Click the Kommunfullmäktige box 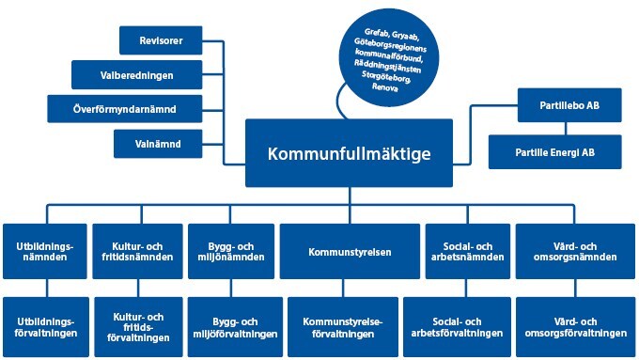(x=349, y=152)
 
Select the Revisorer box (x=161, y=39)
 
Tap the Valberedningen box (x=136, y=74)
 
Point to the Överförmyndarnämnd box (x=125, y=109)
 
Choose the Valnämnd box (x=157, y=144)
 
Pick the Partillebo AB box (x=569, y=105)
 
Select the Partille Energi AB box (x=554, y=151)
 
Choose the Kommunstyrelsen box (x=349, y=251)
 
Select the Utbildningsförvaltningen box (x=46, y=327)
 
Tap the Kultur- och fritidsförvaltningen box (x=139, y=327)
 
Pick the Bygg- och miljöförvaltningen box (x=233, y=327)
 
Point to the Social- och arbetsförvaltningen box (x=455, y=327)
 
